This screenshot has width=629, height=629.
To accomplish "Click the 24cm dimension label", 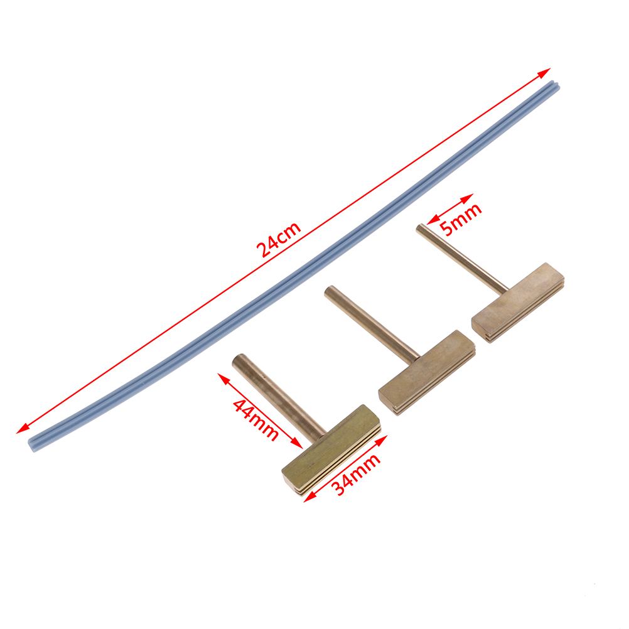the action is [279, 239].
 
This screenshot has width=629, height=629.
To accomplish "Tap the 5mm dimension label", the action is [461, 220].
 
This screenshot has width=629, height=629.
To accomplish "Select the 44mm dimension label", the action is [255, 420].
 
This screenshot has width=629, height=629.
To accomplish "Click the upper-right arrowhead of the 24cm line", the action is [545, 72].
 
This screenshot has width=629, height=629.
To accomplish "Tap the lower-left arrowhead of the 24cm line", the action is [22, 429].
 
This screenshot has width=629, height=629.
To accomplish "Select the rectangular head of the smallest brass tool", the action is [518, 302].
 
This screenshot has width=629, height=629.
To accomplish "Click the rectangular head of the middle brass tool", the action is [427, 372].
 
